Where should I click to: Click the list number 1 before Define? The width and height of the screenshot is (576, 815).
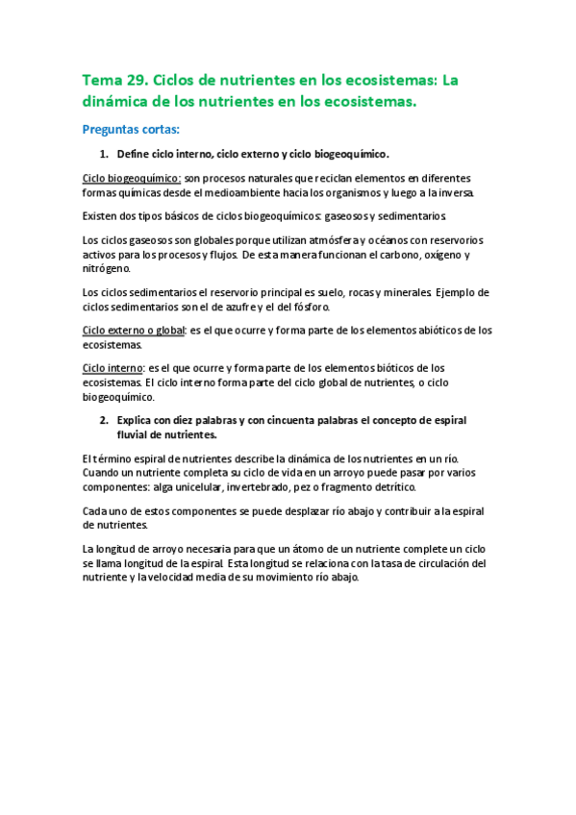tap(104, 154)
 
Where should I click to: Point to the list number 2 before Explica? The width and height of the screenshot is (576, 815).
tap(104, 421)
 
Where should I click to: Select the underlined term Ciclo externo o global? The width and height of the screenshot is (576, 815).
tap(132, 331)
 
